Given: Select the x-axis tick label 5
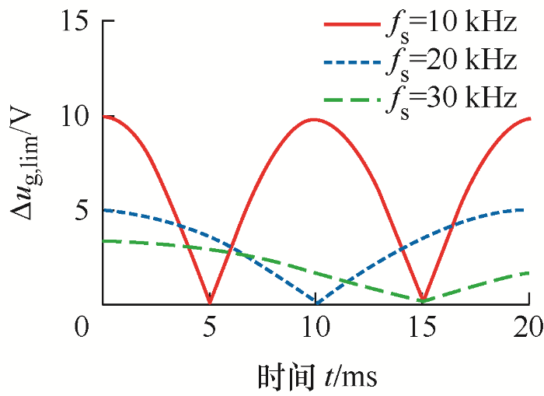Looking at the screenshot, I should coord(210,328).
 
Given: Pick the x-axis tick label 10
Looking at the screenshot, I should coord(316,328).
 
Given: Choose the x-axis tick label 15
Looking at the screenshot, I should coord(423,328).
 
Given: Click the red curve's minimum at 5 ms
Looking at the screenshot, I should coord(210,302).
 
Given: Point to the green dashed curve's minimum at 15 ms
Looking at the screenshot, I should coord(422,300).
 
